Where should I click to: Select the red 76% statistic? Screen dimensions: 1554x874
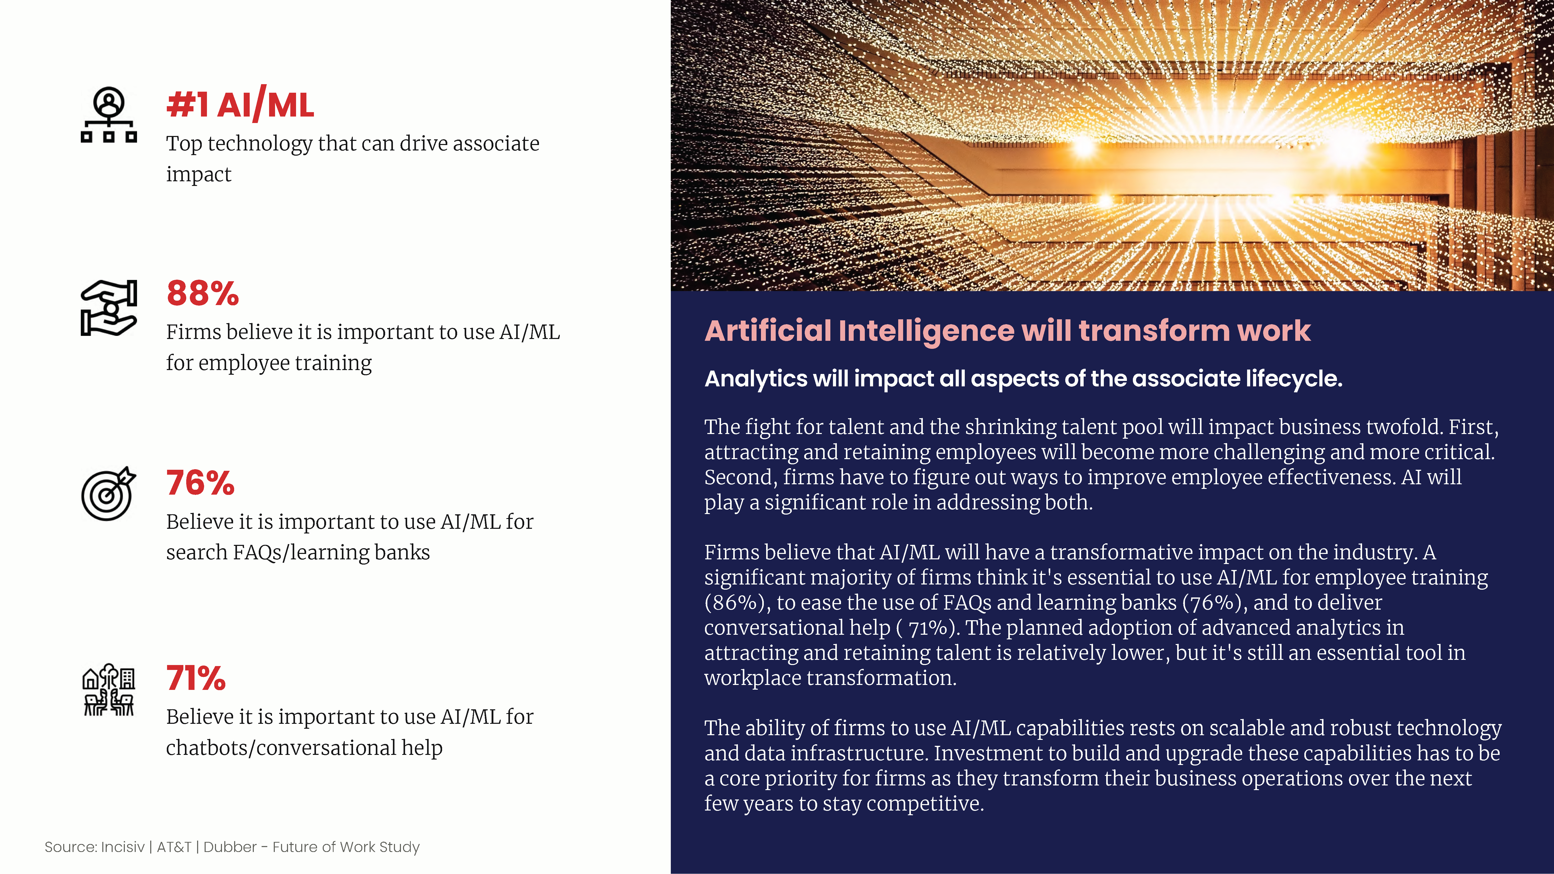pyautogui.click(x=200, y=483)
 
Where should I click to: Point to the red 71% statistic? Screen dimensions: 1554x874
pyautogui.click(x=196, y=678)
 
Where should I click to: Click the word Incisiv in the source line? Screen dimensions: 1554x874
pyautogui.click(x=123, y=847)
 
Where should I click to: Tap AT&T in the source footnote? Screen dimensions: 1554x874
pyautogui.click(x=174, y=847)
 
